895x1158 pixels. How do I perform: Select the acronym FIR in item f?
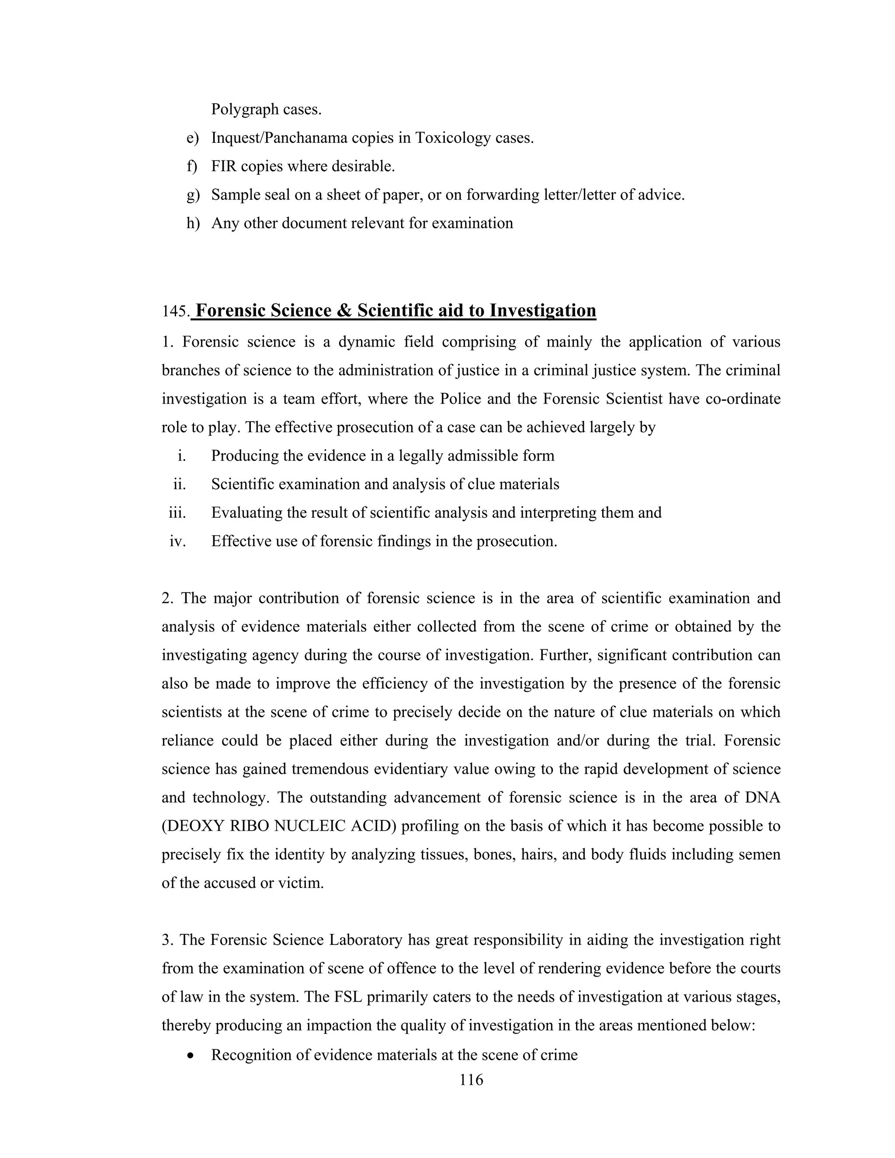[223, 166]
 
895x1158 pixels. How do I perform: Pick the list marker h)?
[192, 223]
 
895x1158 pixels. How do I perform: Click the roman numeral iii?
[177, 513]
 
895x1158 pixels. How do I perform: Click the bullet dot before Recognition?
[191, 1055]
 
